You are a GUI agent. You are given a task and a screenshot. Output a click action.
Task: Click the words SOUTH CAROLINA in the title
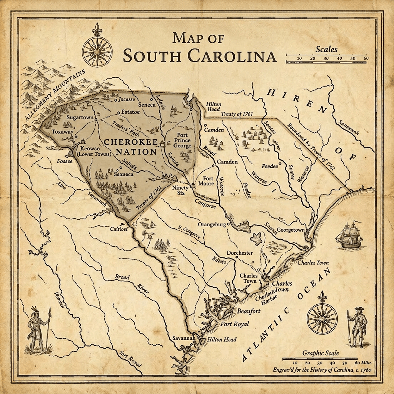199,56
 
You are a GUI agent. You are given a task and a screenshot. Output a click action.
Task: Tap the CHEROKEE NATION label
131,147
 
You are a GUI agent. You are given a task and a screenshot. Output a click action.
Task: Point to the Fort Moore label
208,181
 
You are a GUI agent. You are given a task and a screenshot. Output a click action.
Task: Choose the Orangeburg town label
211,224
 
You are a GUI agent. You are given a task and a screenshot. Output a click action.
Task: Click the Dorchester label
239,253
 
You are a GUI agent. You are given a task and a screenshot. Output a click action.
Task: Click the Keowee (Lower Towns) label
95,150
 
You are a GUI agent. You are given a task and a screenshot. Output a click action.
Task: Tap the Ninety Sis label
180,190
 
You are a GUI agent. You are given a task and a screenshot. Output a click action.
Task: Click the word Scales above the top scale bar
326,49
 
